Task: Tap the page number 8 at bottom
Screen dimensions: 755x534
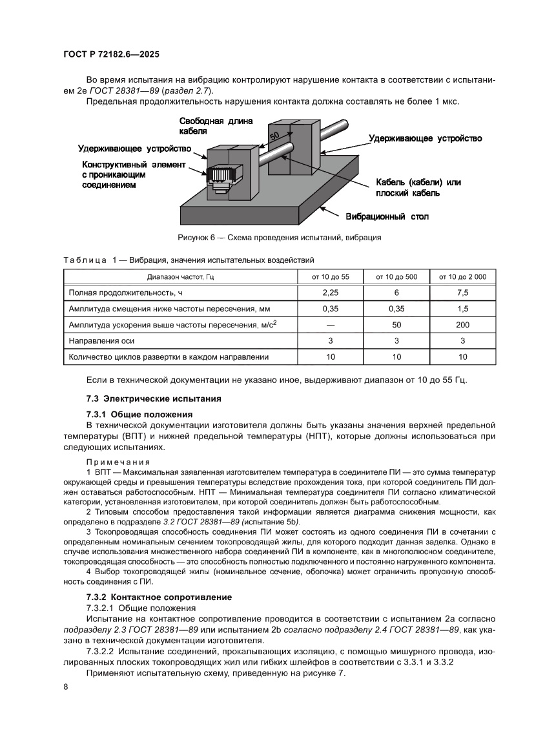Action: tap(66, 686)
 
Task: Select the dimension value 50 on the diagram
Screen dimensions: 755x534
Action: tap(274, 137)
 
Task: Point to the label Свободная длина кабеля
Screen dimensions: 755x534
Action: tap(216, 126)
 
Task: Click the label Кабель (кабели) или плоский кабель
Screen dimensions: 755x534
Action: tap(418, 187)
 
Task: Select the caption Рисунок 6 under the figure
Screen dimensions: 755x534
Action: tap(279, 238)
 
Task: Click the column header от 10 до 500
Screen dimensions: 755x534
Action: tap(396, 276)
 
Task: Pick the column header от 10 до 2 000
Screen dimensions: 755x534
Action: tap(462, 276)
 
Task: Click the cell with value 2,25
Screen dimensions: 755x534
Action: tap(331, 293)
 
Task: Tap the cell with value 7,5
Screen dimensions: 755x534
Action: tap(462, 293)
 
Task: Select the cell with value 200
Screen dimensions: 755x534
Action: tap(462, 324)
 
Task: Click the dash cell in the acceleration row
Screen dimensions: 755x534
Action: tap(331, 324)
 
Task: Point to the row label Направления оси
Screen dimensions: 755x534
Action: tap(102, 340)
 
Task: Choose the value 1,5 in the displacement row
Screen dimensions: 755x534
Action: tap(462, 309)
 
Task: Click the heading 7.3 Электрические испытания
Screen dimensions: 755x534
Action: tap(154, 398)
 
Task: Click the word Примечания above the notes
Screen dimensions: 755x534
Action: tap(118, 462)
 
